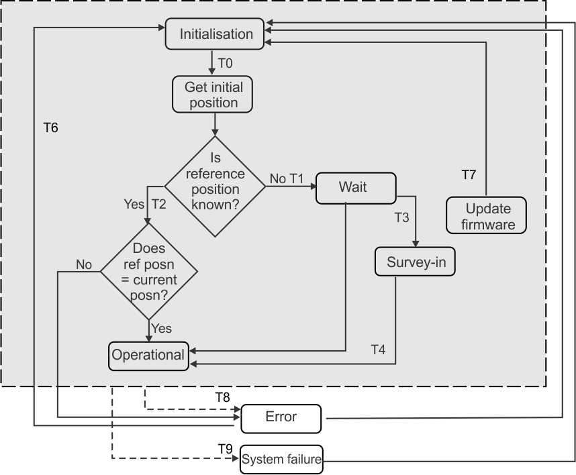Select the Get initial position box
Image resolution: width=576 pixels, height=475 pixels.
pos(214,95)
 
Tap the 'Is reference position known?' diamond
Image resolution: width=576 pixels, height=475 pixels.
pos(215,186)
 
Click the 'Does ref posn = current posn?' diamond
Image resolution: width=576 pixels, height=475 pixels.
pos(149,272)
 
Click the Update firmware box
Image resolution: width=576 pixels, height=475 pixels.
pos(487,215)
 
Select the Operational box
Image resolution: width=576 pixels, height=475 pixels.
pos(148,355)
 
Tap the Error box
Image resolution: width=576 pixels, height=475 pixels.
pos(281,417)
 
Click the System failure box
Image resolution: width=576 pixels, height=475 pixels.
pos(281,460)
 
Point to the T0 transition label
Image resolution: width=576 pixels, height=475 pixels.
pos(226,64)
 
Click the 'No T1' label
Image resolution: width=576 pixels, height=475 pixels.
pos(287,178)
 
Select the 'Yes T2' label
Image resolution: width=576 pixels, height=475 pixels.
pos(145,204)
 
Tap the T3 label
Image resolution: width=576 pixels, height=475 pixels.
pos(401,217)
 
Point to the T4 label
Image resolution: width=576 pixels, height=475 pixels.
pos(379,350)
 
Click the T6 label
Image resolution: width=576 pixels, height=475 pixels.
pos(50,127)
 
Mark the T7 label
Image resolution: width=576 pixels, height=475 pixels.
pos(469,175)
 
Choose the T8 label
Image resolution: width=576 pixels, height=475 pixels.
pos(222,397)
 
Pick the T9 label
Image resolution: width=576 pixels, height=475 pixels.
pos(225,447)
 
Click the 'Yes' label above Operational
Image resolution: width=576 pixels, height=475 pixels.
pos(162,328)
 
